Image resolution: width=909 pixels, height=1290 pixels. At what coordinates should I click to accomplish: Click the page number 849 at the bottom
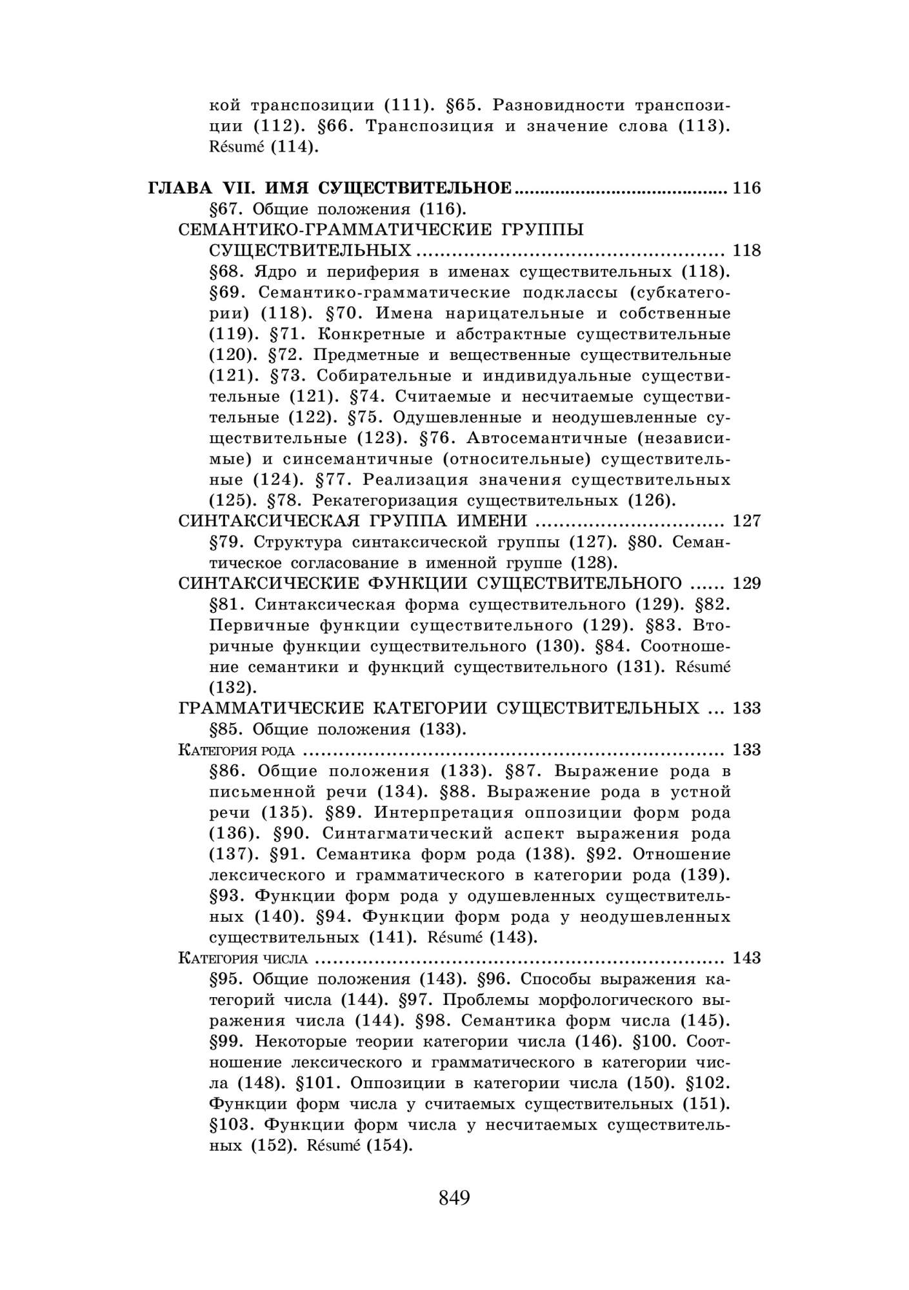click(454, 1198)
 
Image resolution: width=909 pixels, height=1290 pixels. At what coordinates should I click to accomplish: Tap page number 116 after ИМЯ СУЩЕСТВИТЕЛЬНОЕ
click(747, 188)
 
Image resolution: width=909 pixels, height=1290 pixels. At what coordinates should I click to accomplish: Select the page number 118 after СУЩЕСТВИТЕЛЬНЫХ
click(747, 250)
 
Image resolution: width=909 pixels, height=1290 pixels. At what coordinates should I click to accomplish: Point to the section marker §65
click(461, 105)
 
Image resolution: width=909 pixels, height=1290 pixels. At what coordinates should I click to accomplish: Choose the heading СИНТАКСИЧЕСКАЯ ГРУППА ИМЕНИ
click(353, 521)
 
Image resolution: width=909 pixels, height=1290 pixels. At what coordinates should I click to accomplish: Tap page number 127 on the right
click(747, 521)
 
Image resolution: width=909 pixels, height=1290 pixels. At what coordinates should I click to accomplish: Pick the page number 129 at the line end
click(747, 583)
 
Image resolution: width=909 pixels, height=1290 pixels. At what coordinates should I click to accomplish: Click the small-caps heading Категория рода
click(236, 750)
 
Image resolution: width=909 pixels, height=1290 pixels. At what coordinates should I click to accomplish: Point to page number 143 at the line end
click(747, 958)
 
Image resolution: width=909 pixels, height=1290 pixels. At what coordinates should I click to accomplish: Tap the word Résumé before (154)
click(332, 1146)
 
